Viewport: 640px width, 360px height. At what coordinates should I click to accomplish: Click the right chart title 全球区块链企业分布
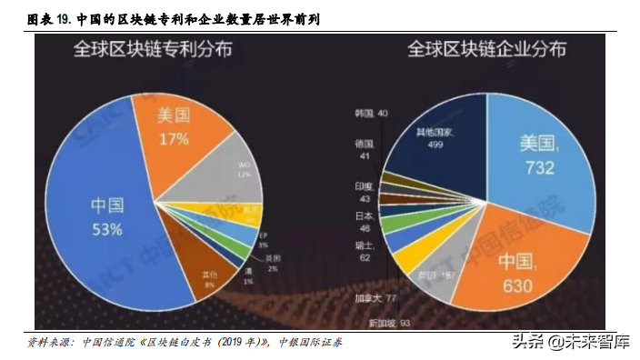pos(486,47)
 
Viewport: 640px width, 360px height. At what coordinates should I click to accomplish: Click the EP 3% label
pos(262,240)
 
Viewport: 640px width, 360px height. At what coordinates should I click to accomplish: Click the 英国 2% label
pos(272,265)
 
